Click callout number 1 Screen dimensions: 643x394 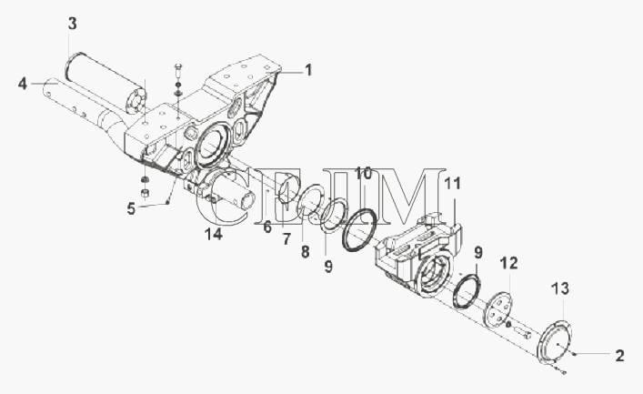tap(308, 70)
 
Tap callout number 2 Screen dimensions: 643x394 tap(619, 356)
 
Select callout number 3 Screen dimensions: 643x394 tap(72, 24)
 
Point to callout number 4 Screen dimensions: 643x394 tap(23, 84)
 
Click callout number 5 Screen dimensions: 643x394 tap(131, 209)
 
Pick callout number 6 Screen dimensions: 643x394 tap(267, 227)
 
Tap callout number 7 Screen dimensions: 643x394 tap(286, 239)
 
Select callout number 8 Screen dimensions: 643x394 tap(305, 251)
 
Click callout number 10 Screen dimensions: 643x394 tap(363, 174)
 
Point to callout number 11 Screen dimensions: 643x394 tap(453, 184)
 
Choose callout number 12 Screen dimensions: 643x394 tap(509, 263)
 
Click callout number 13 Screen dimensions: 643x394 tap(560, 288)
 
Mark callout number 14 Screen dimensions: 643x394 tap(214, 234)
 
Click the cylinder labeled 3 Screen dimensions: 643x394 tap(105, 84)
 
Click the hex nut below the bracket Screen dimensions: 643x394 tap(145, 193)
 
